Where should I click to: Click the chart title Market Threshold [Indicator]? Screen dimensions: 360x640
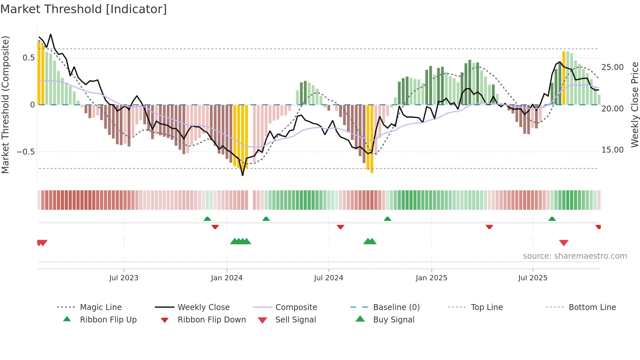(84, 9)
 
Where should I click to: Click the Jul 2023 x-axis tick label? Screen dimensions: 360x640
(124, 278)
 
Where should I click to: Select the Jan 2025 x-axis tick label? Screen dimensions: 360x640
(431, 278)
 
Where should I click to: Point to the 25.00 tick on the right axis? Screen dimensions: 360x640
(612, 67)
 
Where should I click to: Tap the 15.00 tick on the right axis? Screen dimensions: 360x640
(612, 150)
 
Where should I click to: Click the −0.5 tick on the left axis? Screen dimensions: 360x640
(25, 152)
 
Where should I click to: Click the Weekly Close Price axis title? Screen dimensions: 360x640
(634, 105)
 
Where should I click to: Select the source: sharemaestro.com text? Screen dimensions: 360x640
(575, 256)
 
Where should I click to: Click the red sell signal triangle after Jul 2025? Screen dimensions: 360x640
(564, 243)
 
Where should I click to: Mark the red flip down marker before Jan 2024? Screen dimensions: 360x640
(215, 227)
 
